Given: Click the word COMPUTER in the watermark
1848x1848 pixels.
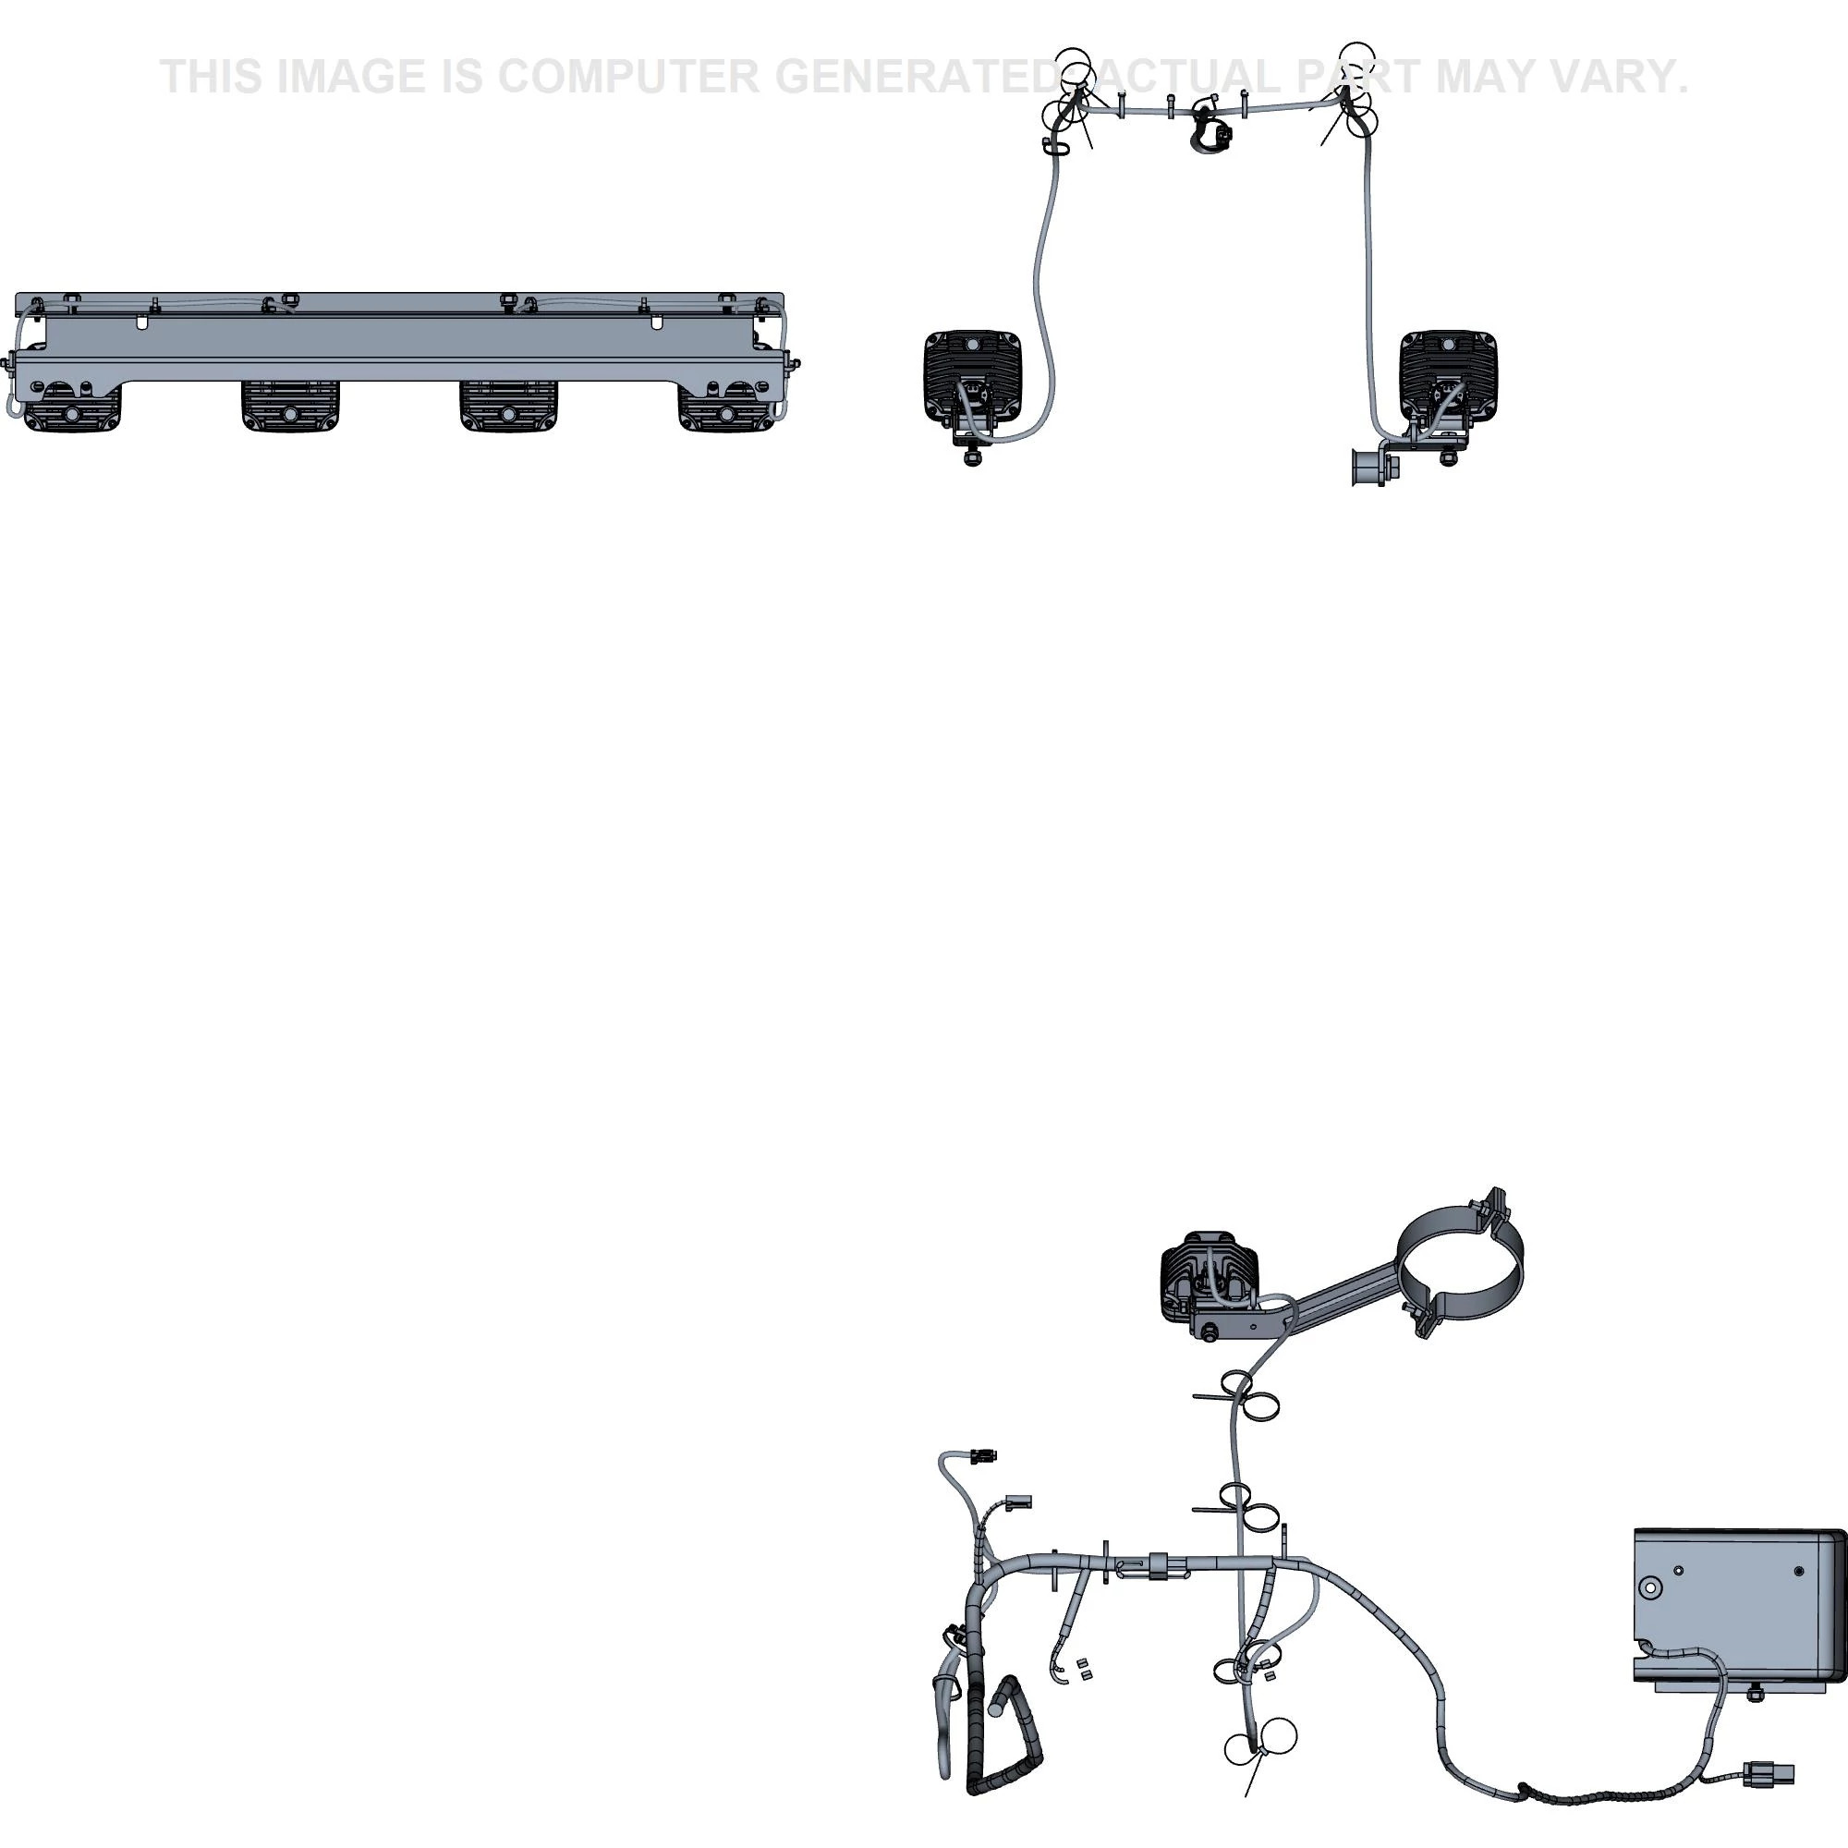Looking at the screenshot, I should click(628, 77).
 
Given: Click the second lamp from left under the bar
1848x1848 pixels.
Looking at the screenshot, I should click(290, 407).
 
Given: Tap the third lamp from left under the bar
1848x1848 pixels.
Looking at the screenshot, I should click(509, 407).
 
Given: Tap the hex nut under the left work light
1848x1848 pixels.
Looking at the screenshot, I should click(973, 457).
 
